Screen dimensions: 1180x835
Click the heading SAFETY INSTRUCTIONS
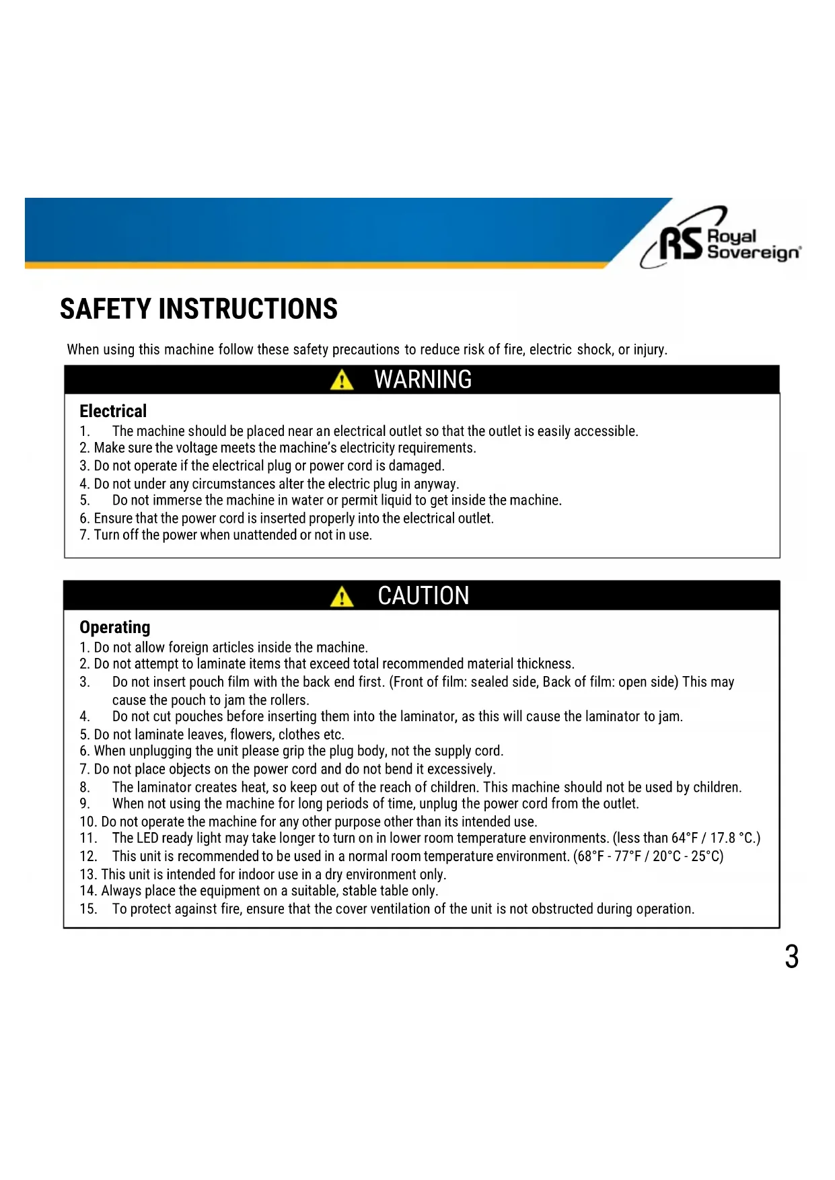click(x=198, y=309)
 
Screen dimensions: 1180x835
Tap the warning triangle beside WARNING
click(x=342, y=380)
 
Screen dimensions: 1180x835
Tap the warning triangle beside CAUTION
click(x=342, y=596)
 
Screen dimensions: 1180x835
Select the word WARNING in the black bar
click(x=423, y=380)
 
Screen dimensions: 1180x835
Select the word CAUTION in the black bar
click(x=423, y=596)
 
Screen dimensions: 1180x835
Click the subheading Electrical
click(x=113, y=411)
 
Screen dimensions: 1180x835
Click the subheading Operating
click(x=115, y=627)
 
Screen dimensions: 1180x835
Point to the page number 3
click(x=791, y=957)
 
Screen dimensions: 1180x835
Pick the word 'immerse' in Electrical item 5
click(x=178, y=501)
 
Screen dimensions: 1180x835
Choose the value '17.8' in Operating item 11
click(x=723, y=838)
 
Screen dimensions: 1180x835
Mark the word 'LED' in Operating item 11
click(x=147, y=838)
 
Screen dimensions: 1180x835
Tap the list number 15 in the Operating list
click(x=87, y=910)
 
